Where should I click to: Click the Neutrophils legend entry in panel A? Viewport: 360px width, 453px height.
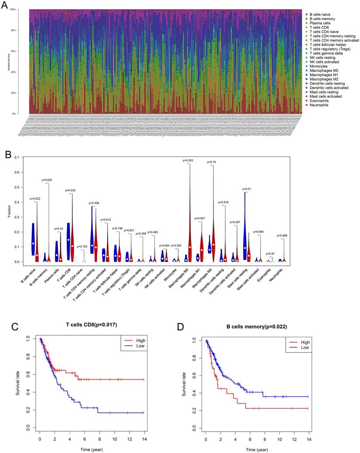[x=318, y=105]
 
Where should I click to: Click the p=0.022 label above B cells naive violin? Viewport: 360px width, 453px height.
[x=36, y=199]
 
